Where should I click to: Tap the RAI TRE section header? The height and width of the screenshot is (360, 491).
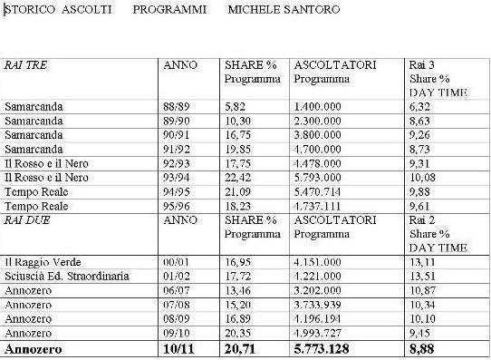coord(24,66)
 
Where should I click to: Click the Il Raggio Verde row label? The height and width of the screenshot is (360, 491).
coord(37,261)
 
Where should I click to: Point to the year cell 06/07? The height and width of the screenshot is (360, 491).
coord(175,288)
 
